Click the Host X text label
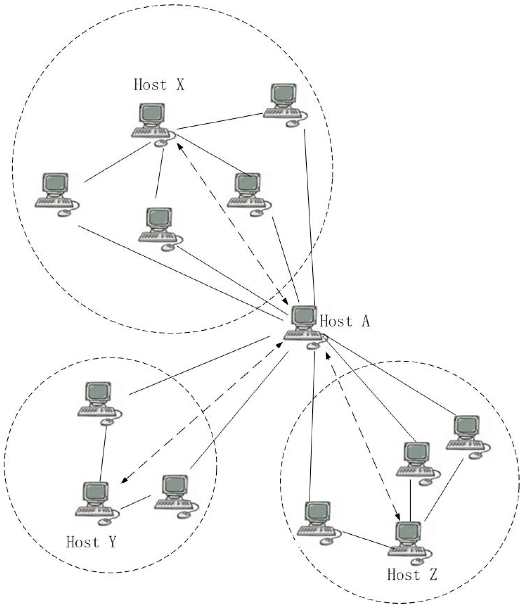pos(159,85)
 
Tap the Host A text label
pos(344,321)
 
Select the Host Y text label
pos(91,542)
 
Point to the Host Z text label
pos(412,575)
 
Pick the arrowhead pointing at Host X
pos(179,146)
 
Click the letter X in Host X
pos(180,85)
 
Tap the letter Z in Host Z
pos(433,575)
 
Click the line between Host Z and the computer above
pos(410,500)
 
